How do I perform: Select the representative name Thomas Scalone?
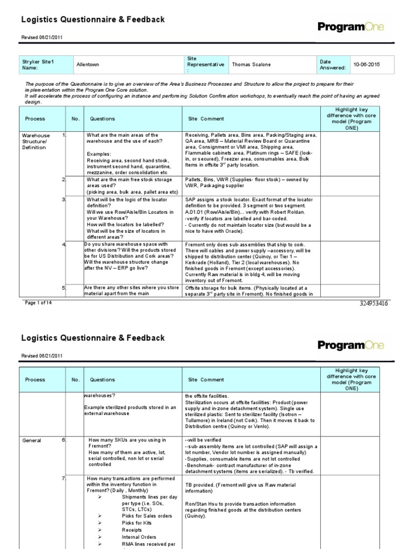click(252, 64)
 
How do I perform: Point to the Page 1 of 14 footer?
click(39, 303)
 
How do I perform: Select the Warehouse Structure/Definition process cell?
click(36, 142)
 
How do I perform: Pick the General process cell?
click(32, 440)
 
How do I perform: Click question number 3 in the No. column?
click(64, 199)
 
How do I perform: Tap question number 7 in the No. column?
click(64, 478)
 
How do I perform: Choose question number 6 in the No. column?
click(64, 440)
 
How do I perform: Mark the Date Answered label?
click(333, 64)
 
